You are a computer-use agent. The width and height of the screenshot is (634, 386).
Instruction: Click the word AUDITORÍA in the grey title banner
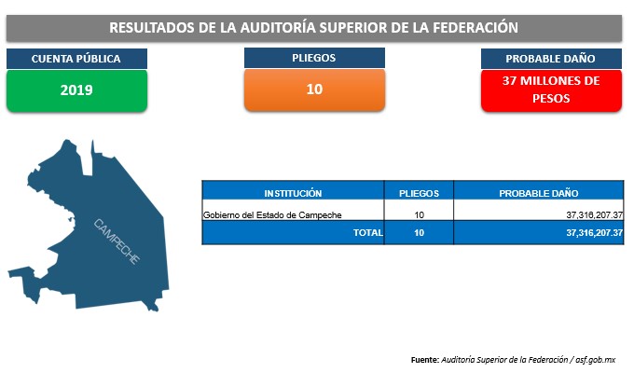[x=278, y=27]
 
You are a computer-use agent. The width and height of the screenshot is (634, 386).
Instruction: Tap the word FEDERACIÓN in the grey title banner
[x=475, y=27]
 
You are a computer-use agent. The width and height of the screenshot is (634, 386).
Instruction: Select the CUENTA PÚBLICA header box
[x=76, y=59]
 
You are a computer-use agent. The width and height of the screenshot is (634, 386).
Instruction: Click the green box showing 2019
[x=76, y=90]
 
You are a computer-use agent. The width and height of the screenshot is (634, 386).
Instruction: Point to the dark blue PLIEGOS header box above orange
[x=314, y=58]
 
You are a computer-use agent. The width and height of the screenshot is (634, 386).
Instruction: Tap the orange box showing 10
[x=314, y=90]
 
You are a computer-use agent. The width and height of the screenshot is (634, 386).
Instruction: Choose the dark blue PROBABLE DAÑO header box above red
[x=551, y=59]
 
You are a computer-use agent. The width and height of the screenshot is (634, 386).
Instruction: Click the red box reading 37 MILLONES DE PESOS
[x=551, y=90]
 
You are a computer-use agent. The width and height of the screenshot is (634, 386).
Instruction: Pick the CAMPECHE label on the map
[x=117, y=241]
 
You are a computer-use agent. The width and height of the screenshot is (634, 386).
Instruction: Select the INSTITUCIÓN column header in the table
[x=293, y=193]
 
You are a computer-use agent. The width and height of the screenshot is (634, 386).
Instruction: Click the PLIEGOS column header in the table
[x=419, y=193]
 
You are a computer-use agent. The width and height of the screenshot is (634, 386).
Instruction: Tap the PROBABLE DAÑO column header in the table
[x=539, y=193]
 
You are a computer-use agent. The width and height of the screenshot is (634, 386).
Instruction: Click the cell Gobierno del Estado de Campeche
[x=272, y=215]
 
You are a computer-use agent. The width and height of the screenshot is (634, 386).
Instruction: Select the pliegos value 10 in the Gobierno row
[x=419, y=215]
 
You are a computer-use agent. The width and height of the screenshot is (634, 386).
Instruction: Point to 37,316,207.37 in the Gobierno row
[x=595, y=215]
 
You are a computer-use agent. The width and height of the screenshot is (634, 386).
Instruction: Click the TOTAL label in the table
[x=368, y=233]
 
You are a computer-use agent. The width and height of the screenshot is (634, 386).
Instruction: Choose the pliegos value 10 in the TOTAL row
[x=419, y=233]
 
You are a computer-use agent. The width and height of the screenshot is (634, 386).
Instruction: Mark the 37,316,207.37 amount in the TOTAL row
[x=595, y=233]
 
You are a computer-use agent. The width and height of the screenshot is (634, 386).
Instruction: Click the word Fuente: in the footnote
[x=425, y=360]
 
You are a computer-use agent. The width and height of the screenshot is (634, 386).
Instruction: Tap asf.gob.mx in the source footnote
[x=596, y=360]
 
